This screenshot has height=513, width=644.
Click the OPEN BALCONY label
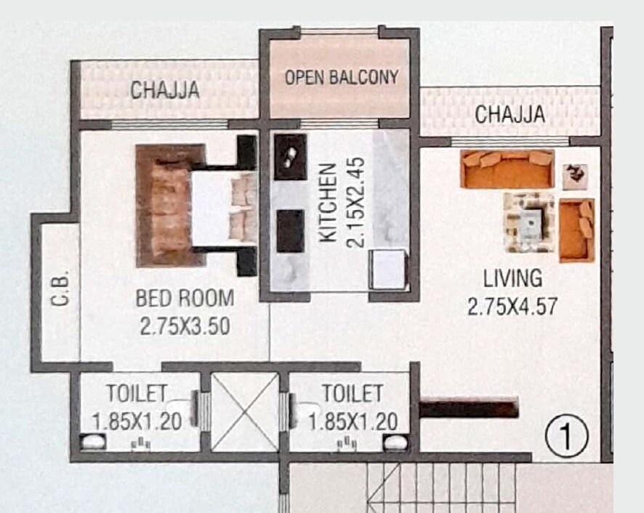pyautogui.click(x=341, y=78)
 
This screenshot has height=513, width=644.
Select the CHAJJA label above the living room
pyautogui.click(x=510, y=115)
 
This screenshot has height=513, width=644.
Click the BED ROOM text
pyautogui.click(x=185, y=299)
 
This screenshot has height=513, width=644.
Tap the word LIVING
pyautogui.click(x=513, y=278)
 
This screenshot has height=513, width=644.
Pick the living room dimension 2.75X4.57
pyautogui.click(x=512, y=306)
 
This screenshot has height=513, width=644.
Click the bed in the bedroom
pyautogui.click(x=196, y=206)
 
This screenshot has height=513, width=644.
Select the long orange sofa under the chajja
pyautogui.click(x=507, y=169)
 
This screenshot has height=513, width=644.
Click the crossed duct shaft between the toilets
pyautogui.click(x=243, y=412)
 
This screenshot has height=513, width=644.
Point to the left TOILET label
pyautogui.click(x=137, y=394)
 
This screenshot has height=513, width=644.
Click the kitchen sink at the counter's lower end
pyautogui.click(x=387, y=270)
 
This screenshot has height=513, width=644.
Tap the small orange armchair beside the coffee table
pyautogui.click(x=577, y=230)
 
